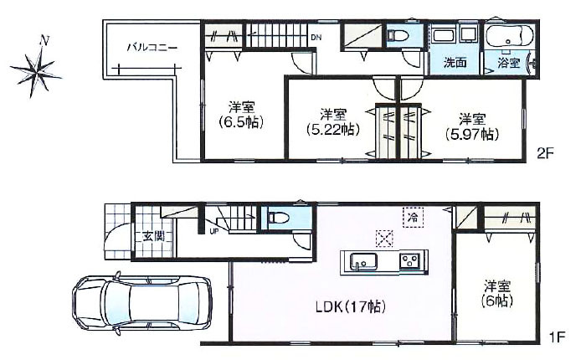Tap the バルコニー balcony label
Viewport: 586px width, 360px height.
pyautogui.click(x=152, y=47)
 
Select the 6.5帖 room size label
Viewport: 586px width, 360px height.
pyautogui.click(x=241, y=115)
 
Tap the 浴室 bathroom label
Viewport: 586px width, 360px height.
pyautogui.click(x=508, y=63)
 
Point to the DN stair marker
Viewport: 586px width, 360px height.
pyautogui.click(x=316, y=38)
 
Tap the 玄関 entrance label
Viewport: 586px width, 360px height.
pyautogui.click(x=152, y=236)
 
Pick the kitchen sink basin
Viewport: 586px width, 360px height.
pyautogui.click(x=363, y=262)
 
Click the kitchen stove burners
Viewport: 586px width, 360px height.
pyautogui.click(x=409, y=261)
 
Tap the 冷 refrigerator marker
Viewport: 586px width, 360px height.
pyautogui.click(x=412, y=216)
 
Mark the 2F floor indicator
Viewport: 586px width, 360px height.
pyautogui.click(x=545, y=153)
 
